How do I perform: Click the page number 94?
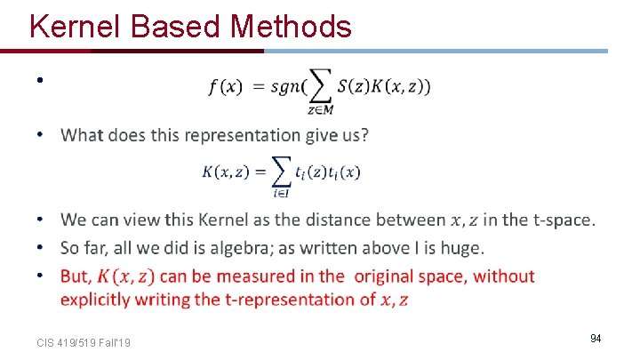596,339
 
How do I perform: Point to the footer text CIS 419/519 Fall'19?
84,341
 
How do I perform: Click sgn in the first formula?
284,87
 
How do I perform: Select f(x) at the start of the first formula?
225,87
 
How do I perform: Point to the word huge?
463,247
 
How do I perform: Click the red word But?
75,276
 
